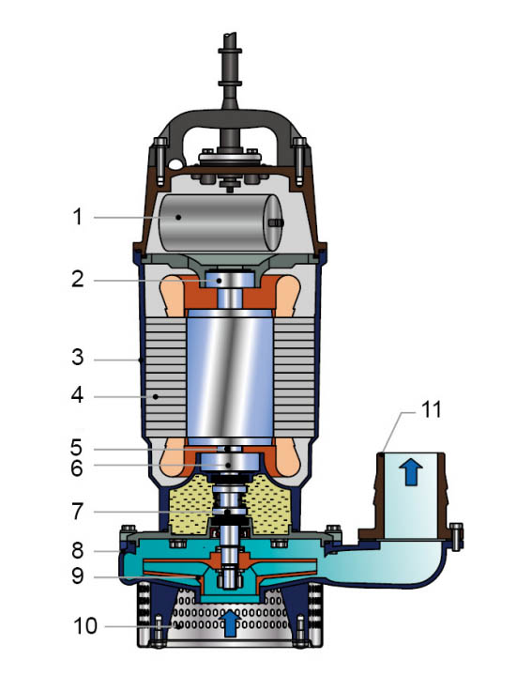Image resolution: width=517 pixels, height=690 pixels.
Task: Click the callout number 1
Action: click(78, 217)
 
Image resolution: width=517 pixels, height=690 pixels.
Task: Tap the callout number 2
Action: click(78, 279)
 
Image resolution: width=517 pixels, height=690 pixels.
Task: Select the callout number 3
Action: click(78, 358)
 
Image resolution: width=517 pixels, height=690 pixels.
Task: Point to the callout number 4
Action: click(78, 395)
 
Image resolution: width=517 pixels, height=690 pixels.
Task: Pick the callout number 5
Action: click(77, 448)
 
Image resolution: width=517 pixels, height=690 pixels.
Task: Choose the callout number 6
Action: click(77, 468)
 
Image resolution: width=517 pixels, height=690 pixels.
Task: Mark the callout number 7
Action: click(78, 512)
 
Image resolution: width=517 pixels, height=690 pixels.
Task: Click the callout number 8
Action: click(78, 550)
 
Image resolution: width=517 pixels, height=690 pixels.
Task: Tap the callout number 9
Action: click(78, 575)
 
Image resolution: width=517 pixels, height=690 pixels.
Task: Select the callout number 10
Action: click(85, 626)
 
